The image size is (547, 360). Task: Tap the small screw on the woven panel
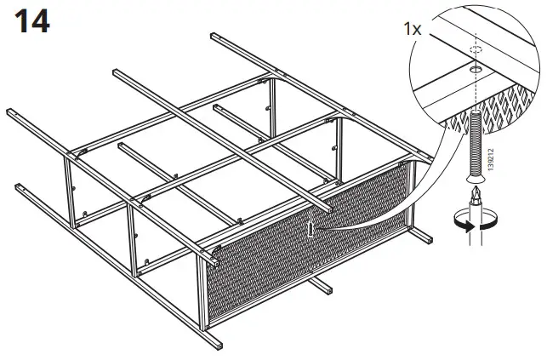point(314,228)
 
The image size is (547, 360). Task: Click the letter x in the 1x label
point(418,30)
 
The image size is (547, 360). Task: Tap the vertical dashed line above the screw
point(475,85)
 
